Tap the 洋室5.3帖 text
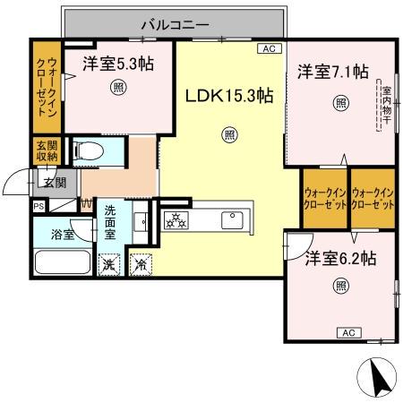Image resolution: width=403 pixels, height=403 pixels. coord(117,64)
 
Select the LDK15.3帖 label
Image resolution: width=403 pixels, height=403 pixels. coord(229,96)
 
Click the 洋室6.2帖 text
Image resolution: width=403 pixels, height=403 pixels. coord(339,258)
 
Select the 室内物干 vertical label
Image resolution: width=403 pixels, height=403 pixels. coord(386,102)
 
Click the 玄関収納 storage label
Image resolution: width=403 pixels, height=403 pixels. coord(45,150)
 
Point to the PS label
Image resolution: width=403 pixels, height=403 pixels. coord(38,206)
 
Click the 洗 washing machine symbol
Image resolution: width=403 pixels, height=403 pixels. coord(108,264)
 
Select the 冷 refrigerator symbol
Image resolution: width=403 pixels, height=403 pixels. coord(140,264)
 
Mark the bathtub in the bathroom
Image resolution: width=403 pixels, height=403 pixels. coord(62,264)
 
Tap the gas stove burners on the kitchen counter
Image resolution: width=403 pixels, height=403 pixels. coord(174,219)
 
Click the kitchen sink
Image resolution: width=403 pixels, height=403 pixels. coord(229,218)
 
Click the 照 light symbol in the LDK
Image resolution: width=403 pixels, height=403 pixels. coord(229,135)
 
